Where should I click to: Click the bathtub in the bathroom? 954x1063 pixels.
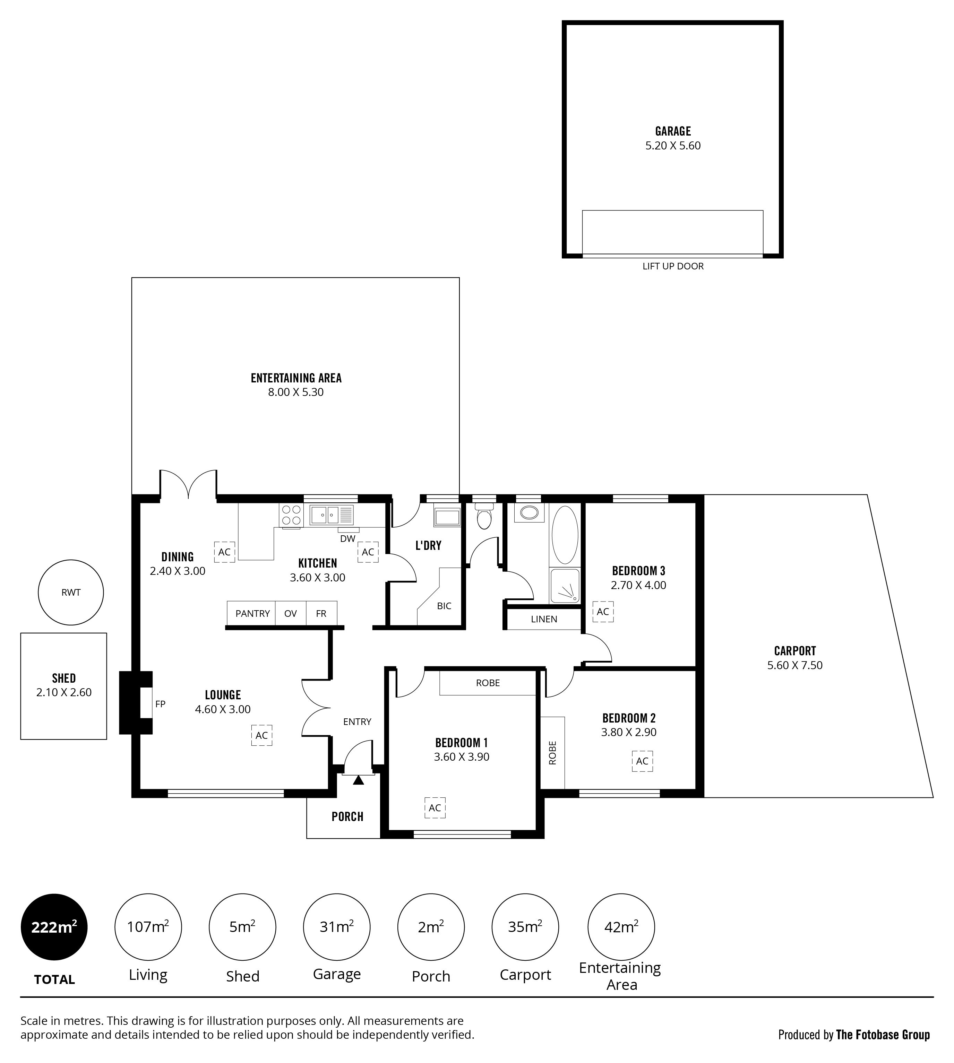pos(565,535)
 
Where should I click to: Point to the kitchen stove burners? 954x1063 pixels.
pos(291,515)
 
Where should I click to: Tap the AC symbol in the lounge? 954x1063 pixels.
pos(261,735)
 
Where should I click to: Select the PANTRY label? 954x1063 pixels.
pos(253,614)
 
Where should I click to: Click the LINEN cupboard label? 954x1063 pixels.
pos(544,619)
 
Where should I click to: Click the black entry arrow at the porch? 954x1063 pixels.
pos(358,780)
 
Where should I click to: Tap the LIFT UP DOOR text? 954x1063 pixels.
pos(673,266)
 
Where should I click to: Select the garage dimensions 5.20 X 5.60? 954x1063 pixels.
pos(673,146)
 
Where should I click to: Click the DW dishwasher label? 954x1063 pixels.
pos(347,538)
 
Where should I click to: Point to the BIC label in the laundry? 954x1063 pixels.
pos(444,606)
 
